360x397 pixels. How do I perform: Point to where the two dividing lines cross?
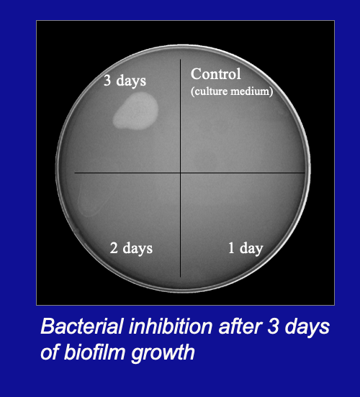click(x=180, y=173)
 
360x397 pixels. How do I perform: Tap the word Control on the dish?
click(x=215, y=74)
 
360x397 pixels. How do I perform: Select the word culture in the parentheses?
click(x=216, y=91)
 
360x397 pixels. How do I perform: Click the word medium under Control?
click(x=253, y=91)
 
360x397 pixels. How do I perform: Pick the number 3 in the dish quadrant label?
click(x=107, y=81)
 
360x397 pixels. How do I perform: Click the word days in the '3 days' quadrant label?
click(x=131, y=81)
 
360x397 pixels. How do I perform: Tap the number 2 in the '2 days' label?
click(x=114, y=249)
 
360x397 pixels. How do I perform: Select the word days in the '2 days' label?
click(x=138, y=249)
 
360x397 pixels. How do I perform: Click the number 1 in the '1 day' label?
click(x=231, y=249)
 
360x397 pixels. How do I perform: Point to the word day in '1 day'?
click(x=251, y=250)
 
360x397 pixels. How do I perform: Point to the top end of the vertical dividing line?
click(x=180, y=60)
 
